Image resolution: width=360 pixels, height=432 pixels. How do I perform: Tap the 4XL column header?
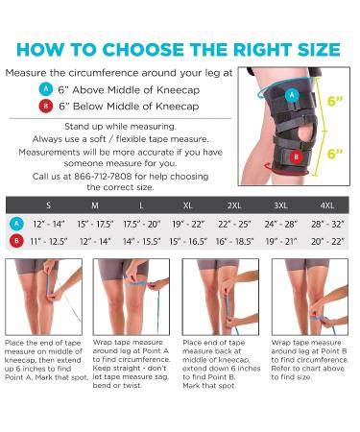point(326,205)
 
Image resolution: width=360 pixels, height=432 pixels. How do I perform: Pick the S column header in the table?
point(49,205)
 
